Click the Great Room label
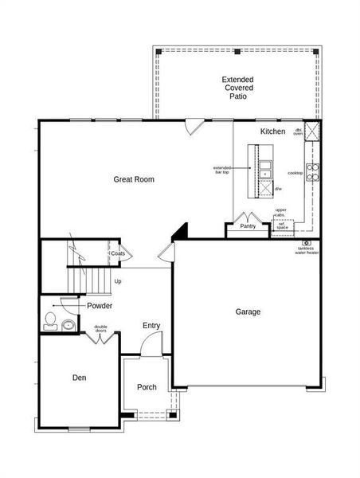(133, 180)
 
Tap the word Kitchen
(272, 131)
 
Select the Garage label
(248, 311)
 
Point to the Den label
(79, 378)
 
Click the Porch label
(147, 387)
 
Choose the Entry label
(151, 325)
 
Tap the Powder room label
(100, 306)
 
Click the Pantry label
(248, 226)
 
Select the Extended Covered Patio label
(238, 87)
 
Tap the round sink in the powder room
(68, 325)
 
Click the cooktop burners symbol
(314, 169)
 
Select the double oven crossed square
(314, 133)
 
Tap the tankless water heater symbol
(306, 243)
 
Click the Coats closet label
(118, 254)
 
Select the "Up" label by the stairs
(118, 281)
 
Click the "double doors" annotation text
(101, 328)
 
